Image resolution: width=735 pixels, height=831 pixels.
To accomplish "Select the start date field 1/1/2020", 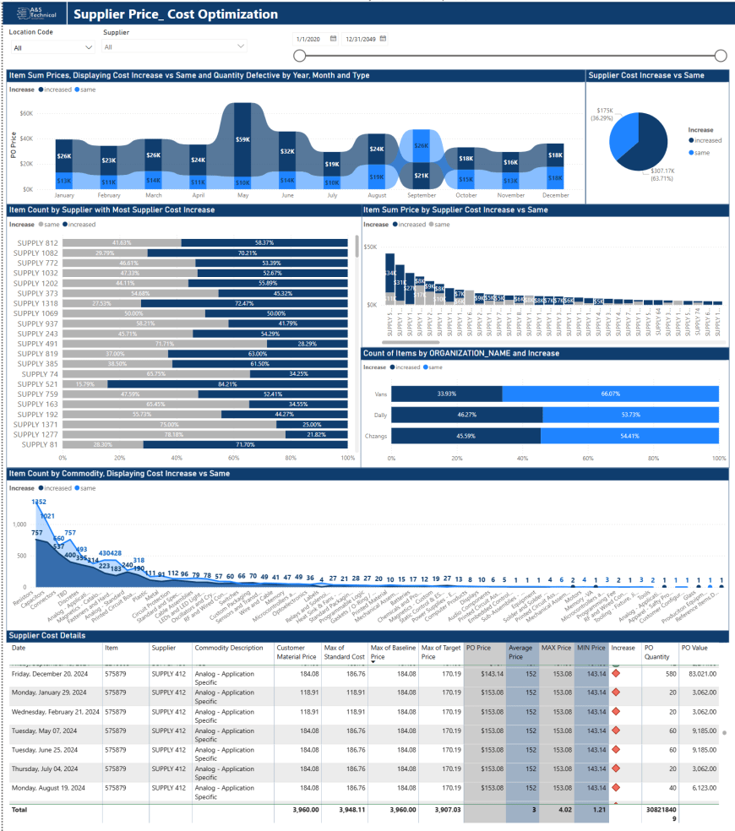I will [x=308, y=39].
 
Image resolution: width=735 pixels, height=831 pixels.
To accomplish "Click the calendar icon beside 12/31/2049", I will [x=383, y=39].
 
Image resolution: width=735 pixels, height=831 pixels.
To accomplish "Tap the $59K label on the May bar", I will [x=242, y=139].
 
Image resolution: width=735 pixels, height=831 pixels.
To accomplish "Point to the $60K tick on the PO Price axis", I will [x=26, y=113].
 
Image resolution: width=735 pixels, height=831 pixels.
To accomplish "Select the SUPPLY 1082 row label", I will [x=37, y=253].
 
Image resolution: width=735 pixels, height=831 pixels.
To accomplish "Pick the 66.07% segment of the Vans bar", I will [x=610, y=394].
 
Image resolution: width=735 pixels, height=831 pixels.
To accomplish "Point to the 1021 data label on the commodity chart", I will [x=47, y=516].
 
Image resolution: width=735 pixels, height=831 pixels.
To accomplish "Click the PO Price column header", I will [x=478, y=648].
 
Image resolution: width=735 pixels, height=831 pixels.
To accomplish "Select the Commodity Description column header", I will [x=229, y=648].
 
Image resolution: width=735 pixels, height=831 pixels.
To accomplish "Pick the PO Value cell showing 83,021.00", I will [x=698, y=673].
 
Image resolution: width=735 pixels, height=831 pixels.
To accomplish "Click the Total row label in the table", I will [x=19, y=809].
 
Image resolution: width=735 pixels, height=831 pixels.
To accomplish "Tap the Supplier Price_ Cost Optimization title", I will [x=176, y=14].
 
